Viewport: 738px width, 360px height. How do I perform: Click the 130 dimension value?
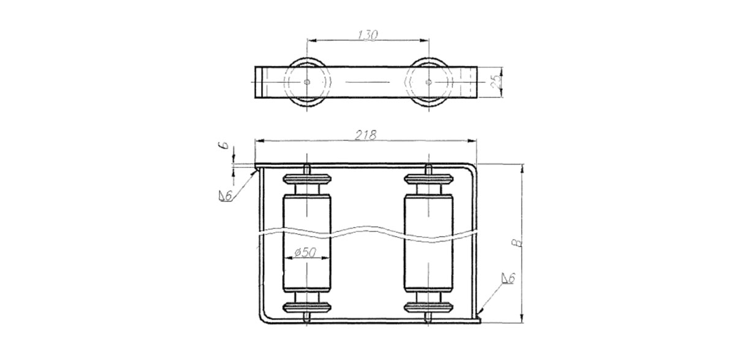[368, 35]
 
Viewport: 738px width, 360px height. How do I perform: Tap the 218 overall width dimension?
[366, 135]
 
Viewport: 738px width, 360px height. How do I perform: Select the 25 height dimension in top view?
[496, 82]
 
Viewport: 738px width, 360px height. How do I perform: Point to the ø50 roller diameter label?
[305, 253]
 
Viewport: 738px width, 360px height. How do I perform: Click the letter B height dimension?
[518, 243]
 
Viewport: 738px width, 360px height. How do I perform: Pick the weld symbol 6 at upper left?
[226, 196]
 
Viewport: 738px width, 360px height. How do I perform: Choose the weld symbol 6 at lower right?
[508, 278]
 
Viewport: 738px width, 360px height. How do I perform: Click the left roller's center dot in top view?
[306, 82]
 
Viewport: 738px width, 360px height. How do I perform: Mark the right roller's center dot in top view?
[428, 82]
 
